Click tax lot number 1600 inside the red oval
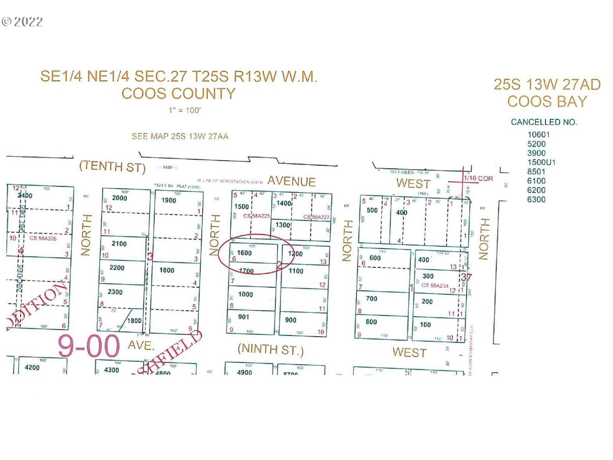(244, 253)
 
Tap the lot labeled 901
(243, 317)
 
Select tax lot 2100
(119, 244)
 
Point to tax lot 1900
(169, 200)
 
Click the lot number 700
(372, 299)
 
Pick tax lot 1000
(246, 294)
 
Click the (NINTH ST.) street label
(270, 349)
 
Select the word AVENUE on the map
(291, 181)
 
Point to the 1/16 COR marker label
(478, 178)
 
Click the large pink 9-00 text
(89, 346)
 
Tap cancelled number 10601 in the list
(539, 135)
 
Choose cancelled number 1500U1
(541, 162)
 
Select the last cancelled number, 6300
(536, 199)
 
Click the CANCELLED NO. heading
(544, 122)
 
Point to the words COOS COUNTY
(178, 93)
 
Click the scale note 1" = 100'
(185, 110)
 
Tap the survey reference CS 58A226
(43, 238)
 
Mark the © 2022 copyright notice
(22, 22)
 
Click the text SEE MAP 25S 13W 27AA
(180, 136)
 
